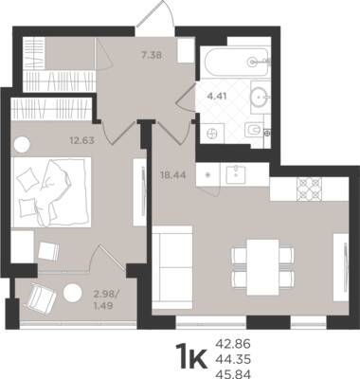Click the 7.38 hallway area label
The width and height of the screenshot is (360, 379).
[x=152, y=56]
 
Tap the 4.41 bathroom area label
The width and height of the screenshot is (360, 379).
[x=217, y=96]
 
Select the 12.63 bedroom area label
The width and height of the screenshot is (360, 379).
[x=82, y=140]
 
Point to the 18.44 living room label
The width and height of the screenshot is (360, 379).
[x=173, y=174]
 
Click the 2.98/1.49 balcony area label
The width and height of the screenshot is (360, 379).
[x=106, y=300]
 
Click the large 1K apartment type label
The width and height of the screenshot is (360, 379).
[x=191, y=356]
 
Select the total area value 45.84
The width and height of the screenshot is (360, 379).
[x=233, y=374]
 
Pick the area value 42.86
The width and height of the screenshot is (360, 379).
[x=233, y=343]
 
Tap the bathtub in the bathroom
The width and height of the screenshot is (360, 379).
[x=236, y=62]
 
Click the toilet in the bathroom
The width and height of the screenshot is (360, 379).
[x=255, y=130]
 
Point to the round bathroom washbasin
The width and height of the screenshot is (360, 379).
[x=261, y=97]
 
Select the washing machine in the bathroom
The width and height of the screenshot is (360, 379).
[x=212, y=134]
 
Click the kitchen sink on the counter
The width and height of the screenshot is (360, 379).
[x=236, y=174]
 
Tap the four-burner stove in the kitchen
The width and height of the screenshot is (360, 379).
[x=309, y=189]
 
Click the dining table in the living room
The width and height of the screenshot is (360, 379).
[x=262, y=267]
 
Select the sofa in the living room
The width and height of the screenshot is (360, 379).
[x=172, y=267]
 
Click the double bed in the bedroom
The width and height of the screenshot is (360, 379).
[x=51, y=192]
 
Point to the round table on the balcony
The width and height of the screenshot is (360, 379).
[x=73, y=293]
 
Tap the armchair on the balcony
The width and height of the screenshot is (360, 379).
[x=42, y=298]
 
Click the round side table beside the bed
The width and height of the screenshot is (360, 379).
[x=22, y=145]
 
